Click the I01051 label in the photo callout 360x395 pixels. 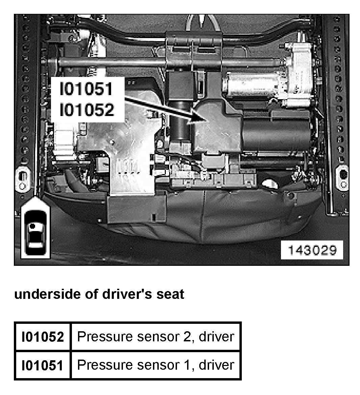pos(86,89)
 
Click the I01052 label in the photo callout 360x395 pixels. pos(86,110)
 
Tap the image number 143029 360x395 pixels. pos(312,250)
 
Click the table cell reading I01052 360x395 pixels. pos(43,337)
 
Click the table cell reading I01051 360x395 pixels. pos(43,365)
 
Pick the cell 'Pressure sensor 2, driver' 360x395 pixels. pos(155,337)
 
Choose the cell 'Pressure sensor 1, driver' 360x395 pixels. pos(155,365)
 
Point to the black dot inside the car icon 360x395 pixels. pos(32,225)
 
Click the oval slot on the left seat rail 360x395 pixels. pos(22,178)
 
